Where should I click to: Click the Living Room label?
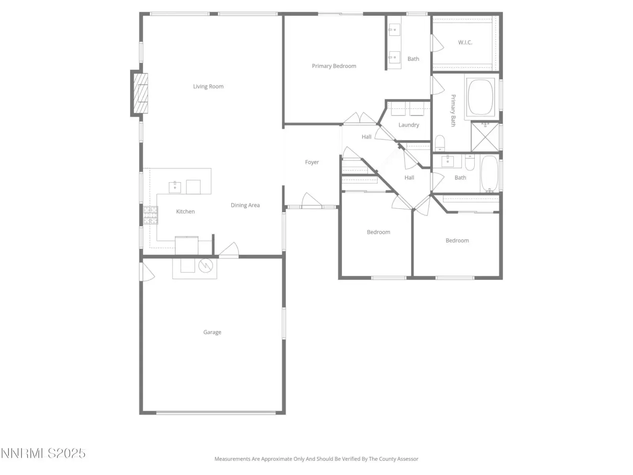[208, 86]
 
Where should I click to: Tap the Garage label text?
[212, 332]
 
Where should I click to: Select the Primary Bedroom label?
[334, 66]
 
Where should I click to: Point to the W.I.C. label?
[465, 42]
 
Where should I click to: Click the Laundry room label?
[408, 125]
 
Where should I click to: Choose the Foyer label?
[312, 162]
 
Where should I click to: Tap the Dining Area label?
[245, 205]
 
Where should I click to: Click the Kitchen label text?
[185, 211]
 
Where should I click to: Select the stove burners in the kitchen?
[151, 215]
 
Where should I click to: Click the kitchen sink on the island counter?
[175, 187]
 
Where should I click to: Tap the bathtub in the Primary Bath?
[480, 97]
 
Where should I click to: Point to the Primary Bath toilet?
[440, 143]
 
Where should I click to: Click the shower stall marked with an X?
[485, 137]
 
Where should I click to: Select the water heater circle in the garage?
[206, 265]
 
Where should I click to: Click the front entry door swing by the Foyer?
[311, 200]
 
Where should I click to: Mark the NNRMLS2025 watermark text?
[43, 453]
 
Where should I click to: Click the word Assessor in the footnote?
[407, 459]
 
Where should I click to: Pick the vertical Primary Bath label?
[453, 110]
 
